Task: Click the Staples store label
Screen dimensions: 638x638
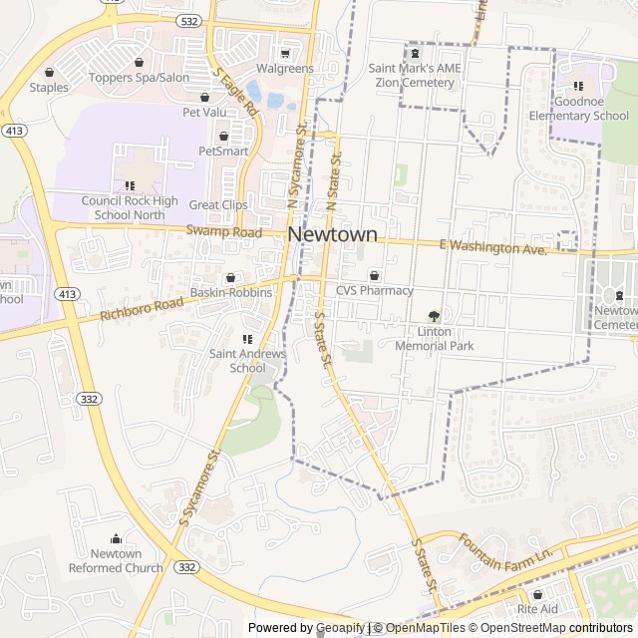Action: click(x=49, y=88)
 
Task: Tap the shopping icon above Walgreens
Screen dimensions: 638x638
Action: click(x=285, y=54)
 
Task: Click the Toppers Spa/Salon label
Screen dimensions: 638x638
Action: click(x=139, y=78)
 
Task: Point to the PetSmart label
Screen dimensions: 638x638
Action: click(x=222, y=152)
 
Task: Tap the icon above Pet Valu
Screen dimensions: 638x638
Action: click(x=205, y=98)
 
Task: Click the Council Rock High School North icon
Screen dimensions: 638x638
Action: click(x=130, y=185)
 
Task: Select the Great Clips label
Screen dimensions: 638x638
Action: click(x=218, y=205)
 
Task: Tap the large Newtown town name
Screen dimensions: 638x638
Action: click(x=333, y=235)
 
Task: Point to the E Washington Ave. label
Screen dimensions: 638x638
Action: click(x=493, y=246)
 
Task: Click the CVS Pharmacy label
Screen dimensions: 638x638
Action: click(x=374, y=291)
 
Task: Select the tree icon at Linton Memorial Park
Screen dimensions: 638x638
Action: click(x=434, y=316)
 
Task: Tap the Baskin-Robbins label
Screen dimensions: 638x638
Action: click(x=231, y=293)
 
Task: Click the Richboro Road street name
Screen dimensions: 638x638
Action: click(x=142, y=308)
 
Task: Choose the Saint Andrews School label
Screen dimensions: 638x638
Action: click(x=247, y=360)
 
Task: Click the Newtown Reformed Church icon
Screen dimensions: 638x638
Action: click(x=116, y=539)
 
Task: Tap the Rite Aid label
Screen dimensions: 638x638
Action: click(x=537, y=609)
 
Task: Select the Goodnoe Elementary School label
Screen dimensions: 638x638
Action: click(x=578, y=109)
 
